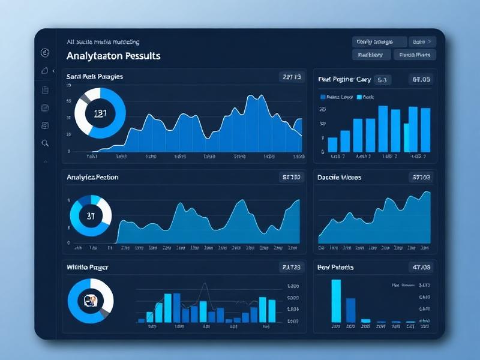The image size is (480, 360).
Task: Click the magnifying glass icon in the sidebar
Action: click(x=45, y=143)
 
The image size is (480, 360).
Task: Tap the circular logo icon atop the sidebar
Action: click(x=44, y=53)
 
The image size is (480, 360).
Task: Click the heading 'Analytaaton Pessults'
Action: click(x=113, y=56)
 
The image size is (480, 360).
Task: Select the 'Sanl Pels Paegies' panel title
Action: click(x=95, y=77)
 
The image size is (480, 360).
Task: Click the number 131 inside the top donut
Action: click(x=100, y=113)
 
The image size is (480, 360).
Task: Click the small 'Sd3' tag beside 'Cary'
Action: click(x=382, y=79)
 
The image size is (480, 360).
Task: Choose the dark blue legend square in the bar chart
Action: click(x=323, y=97)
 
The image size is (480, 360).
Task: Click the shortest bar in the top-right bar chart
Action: click(x=332, y=144)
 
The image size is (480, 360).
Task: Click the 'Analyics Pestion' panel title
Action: click(x=92, y=177)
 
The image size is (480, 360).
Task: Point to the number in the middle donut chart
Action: click(x=91, y=215)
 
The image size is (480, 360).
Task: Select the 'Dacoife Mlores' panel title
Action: click(x=339, y=178)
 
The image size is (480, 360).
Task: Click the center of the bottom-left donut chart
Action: click(x=91, y=299)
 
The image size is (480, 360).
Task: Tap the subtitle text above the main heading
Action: click(x=103, y=42)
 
